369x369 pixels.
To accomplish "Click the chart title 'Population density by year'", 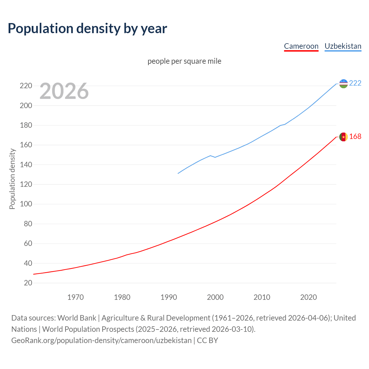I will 87,29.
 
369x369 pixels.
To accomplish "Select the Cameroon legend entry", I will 301,46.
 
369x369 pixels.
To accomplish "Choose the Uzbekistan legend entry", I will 343,46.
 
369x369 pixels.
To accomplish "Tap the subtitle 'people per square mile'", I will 184,61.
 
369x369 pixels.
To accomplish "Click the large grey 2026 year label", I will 64,91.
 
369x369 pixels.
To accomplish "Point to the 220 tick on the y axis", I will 26,86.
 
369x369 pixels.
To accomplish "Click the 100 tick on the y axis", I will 26,204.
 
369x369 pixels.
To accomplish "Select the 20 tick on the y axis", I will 28,283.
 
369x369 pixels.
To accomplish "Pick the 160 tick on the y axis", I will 26,145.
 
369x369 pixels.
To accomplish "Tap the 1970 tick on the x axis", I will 76,297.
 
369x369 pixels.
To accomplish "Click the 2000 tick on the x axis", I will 215,297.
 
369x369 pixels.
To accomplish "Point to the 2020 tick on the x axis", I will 308,297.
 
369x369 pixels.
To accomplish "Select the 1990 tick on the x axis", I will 169,297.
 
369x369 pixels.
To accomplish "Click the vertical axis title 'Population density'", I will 12,179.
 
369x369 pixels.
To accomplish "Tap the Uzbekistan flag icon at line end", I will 343,84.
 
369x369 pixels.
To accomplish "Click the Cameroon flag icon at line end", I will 343,137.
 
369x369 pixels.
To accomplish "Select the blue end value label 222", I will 355,83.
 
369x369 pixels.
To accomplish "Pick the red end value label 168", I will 355,137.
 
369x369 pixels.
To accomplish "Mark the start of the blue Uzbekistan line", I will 178,173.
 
